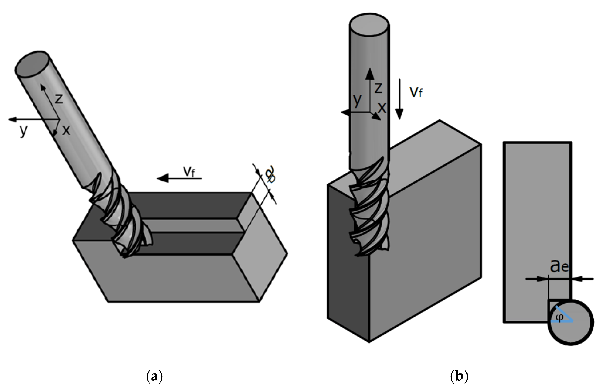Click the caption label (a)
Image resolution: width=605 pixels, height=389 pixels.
(x=154, y=377)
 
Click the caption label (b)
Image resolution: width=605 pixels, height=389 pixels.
(x=459, y=377)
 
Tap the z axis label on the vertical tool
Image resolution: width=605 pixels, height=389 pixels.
(x=378, y=88)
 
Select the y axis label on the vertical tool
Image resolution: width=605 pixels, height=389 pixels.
(x=357, y=100)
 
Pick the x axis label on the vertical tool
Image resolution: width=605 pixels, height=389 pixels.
(x=382, y=108)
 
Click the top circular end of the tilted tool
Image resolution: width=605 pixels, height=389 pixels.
(x=32, y=64)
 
